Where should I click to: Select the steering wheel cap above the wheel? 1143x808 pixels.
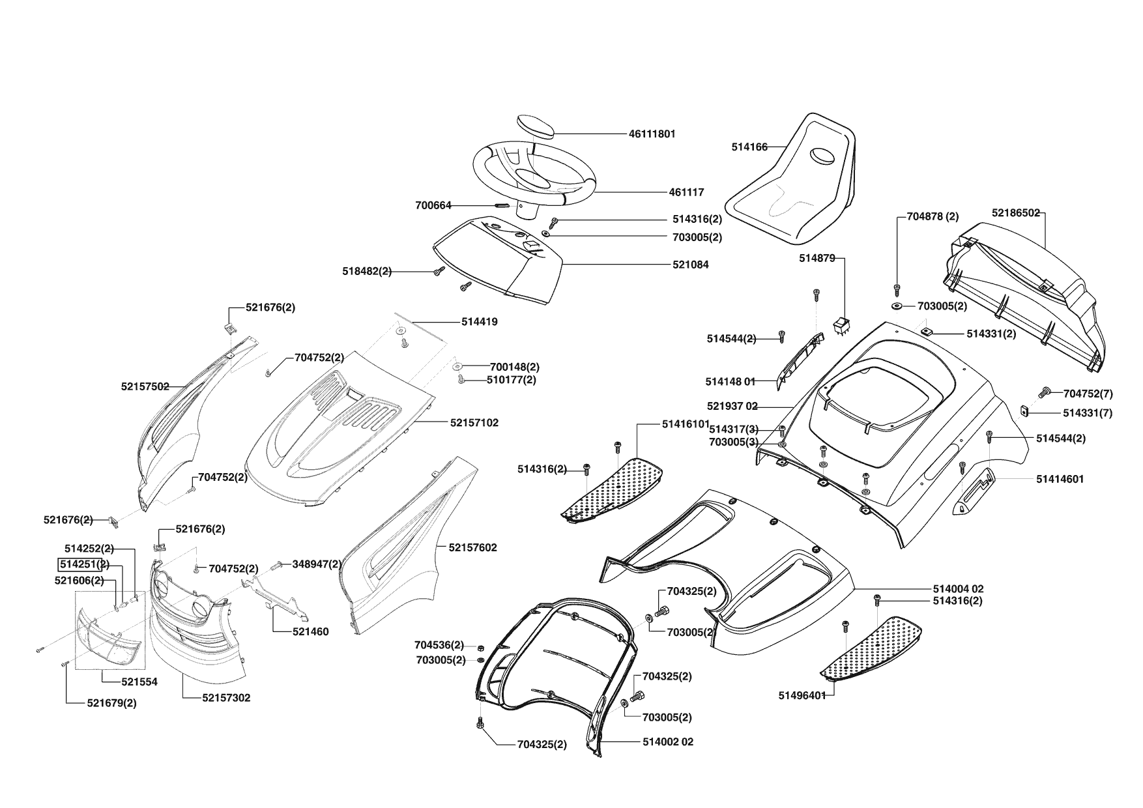[536, 125]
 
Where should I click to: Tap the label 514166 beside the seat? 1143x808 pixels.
[749, 148]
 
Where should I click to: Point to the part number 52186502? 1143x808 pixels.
[1015, 213]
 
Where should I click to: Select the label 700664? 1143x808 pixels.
[433, 205]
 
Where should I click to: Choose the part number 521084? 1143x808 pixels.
[691, 265]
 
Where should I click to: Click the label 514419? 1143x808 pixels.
[479, 322]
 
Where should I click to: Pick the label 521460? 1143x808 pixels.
[310, 631]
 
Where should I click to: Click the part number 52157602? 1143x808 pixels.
[472, 547]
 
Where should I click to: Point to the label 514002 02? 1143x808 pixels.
[668, 742]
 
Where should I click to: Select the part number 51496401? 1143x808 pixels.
[802, 695]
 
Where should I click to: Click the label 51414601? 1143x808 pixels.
[1060, 479]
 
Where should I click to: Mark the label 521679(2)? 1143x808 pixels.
[111, 703]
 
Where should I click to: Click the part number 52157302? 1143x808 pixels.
[226, 698]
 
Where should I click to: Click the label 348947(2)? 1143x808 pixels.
[316, 564]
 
